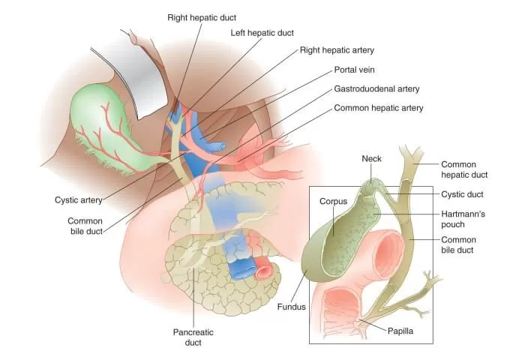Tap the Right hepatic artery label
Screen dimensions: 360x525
[337, 50]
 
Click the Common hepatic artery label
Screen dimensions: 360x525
[379, 108]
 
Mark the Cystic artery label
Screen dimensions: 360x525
[78, 200]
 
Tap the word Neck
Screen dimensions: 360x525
[372, 159]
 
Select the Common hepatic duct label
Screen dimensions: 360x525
[464, 169]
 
